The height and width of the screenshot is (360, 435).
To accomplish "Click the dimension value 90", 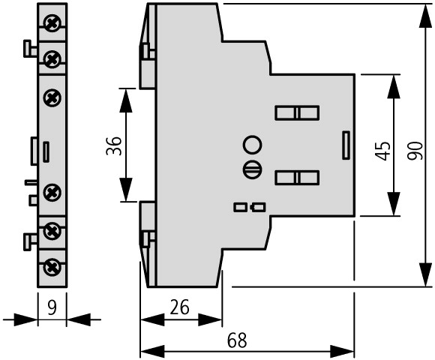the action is coord(415,151).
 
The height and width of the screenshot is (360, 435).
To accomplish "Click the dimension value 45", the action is coord(382,151).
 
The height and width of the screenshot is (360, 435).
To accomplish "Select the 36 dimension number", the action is coord(114,145).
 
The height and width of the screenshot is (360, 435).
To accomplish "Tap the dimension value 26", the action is coord(179,307).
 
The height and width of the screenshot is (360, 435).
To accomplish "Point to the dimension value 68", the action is coord(237,340).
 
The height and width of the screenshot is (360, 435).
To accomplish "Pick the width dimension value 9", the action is coord(52,307).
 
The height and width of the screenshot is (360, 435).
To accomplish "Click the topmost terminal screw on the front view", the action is coord(52,23).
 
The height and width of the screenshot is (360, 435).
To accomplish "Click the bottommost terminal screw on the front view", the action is coord(52,267).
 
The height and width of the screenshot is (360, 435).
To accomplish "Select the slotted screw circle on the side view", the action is coord(253,169).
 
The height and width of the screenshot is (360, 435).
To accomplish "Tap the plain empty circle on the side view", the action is coord(253,145).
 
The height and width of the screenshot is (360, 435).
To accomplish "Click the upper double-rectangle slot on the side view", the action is coord(297,113).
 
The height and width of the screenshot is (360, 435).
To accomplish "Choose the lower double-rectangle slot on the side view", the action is coord(297,178).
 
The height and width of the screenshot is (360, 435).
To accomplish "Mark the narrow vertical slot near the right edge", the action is coord(346,145).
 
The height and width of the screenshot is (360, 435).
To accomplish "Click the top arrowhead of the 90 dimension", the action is coord(425,16).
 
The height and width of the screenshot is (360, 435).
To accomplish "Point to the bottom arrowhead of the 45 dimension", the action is coord(394,203).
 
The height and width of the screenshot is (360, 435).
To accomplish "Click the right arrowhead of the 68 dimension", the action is coord(342,352).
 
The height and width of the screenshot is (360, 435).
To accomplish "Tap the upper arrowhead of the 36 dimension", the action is coord(126,100).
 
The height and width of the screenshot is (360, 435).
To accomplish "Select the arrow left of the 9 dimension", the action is coord(20,319).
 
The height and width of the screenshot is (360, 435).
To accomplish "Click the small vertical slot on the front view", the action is coord(46,151).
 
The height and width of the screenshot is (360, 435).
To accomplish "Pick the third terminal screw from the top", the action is coord(52,97).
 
